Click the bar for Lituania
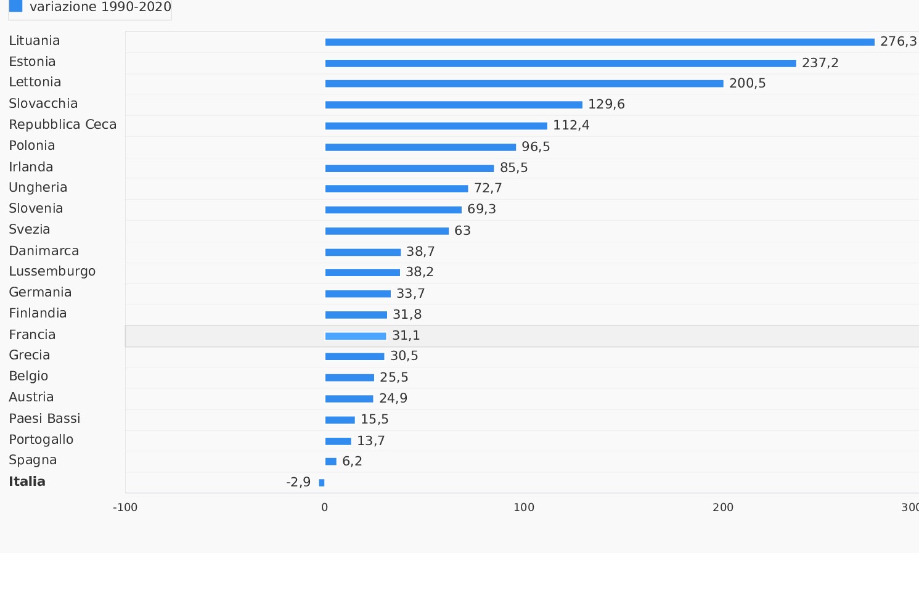[599, 42]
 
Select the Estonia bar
[560, 63]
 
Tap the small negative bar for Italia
[322, 483]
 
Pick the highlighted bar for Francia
[356, 336]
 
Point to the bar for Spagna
[331, 461]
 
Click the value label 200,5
[747, 83]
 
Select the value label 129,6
[606, 104]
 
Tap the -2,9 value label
[298, 482]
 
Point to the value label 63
[462, 231]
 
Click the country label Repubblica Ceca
[62, 125]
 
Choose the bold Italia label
[27, 481]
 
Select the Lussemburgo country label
[52, 271]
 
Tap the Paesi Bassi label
[44, 419]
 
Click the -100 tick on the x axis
[125, 507]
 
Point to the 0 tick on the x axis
[325, 507]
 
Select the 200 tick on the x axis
[723, 507]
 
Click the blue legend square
[16, 6]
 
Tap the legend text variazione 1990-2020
[100, 7]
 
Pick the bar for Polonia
[420, 147]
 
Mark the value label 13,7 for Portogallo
[370, 441]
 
